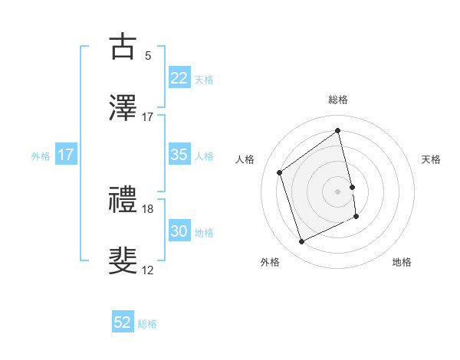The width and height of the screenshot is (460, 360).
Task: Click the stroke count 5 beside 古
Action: click(x=148, y=55)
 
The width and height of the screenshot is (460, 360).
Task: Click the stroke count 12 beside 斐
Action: click(x=148, y=270)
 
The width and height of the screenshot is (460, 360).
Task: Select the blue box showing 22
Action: click(x=179, y=78)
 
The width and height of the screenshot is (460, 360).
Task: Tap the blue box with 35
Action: click(x=179, y=155)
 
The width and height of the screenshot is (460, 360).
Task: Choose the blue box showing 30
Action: click(x=179, y=231)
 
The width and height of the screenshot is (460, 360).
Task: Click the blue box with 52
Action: click(x=123, y=323)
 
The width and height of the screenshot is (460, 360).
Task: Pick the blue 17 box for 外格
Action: click(x=66, y=155)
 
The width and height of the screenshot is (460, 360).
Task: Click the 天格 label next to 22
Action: click(x=204, y=79)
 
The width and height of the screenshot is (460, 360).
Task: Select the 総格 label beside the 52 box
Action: click(x=147, y=324)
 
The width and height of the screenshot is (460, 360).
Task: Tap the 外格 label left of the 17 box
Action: click(x=41, y=155)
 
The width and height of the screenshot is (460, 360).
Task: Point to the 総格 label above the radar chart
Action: click(x=338, y=100)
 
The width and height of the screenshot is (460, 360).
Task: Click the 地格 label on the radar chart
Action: click(x=402, y=262)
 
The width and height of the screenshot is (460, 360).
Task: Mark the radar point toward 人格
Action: click(x=280, y=172)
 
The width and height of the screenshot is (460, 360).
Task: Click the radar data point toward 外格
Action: click(x=301, y=242)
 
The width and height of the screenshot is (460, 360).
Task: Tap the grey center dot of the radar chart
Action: click(x=338, y=191)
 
